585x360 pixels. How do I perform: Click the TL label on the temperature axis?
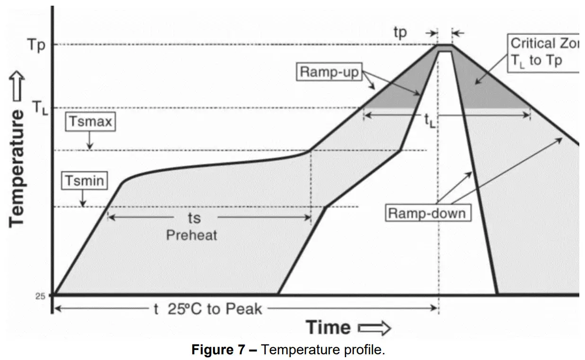click(x=39, y=108)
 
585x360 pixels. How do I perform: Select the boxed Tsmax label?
click(x=90, y=122)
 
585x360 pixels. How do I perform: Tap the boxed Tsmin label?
click(x=84, y=181)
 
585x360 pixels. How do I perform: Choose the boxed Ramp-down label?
click(x=426, y=213)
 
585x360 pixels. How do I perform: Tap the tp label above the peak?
click(x=400, y=32)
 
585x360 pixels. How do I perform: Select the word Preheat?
click(x=191, y=235)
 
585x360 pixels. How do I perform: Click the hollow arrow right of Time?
click(x=374, y=328)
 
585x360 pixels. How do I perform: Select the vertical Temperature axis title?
click(x=17, y=167)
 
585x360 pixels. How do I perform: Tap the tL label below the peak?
click(x=429, y=122)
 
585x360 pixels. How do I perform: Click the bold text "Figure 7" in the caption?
click(x=219, y=351)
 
